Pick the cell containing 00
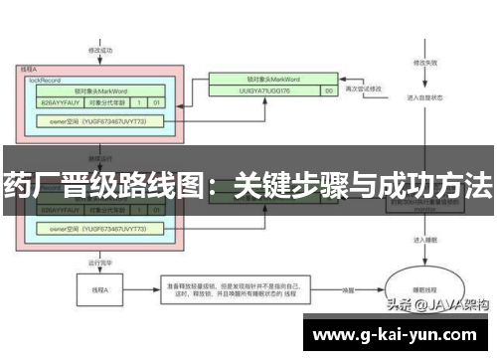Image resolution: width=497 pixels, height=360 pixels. coord(326,91)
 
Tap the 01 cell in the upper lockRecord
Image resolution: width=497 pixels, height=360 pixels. coord(156,101)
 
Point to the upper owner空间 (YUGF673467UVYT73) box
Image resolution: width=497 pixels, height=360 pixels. coord(99,121)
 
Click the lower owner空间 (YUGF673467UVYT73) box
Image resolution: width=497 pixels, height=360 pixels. coord(99,230)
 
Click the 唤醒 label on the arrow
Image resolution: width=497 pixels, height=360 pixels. coord(348,289)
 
